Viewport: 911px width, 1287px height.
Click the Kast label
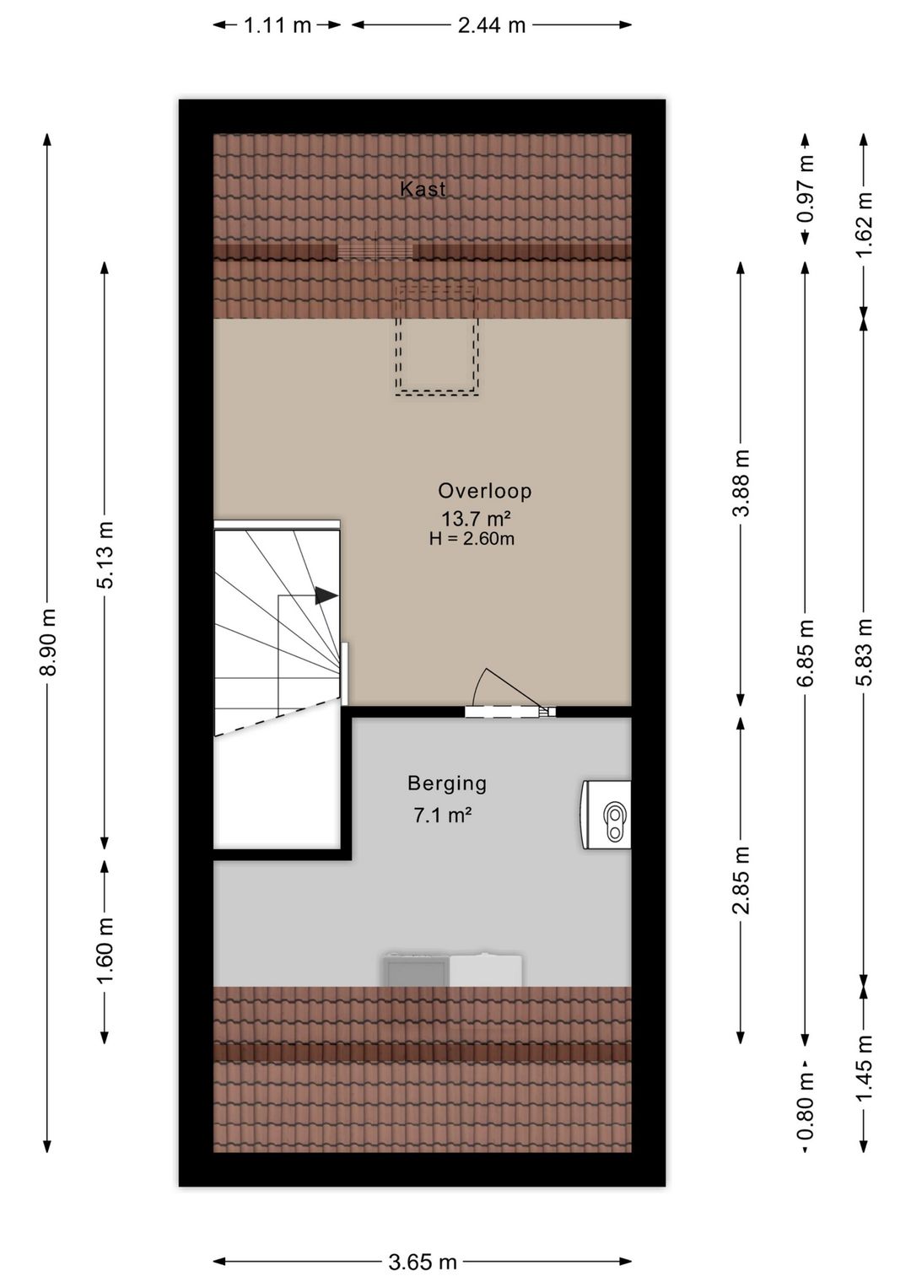point(423,189)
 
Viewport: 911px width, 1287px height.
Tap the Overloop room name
point(484,491)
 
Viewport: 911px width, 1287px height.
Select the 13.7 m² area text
point(477,519)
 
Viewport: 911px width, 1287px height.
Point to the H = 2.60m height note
point(472,539)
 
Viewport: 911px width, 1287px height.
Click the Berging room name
point(447,784)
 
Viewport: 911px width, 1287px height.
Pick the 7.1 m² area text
point(443,815)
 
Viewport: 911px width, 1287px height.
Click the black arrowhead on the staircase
point(326,595)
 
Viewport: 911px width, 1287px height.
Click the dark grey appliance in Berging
point(416,970)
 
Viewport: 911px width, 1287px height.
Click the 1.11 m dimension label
point(278,25)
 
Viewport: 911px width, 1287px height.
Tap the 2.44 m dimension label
point(492,25)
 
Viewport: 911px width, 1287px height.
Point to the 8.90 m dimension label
point(49,643)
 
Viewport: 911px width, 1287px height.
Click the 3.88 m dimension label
point(741,483)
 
